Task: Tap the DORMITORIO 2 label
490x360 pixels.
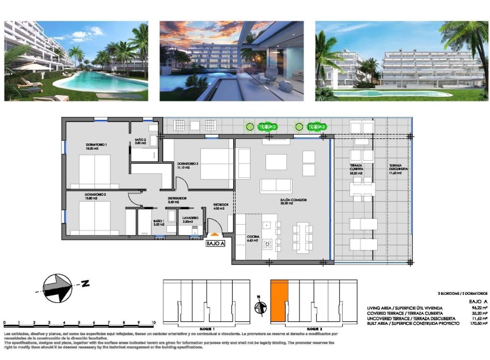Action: [x=97, y=195]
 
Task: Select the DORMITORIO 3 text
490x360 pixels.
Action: [x=188, y=163]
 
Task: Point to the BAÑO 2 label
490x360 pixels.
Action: [x=142, y=140]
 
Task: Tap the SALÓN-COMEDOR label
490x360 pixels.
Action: [x=294, y=200]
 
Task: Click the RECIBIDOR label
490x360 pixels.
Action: [x=221, y=204]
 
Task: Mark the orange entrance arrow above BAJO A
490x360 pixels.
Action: [x=214, y=235]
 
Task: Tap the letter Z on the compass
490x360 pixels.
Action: [x=85, y=283]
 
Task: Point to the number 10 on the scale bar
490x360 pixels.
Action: [x=153, y=323]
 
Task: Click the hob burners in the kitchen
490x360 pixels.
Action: [x=268, y=244]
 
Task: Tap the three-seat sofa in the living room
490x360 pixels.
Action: [x=276, y=186]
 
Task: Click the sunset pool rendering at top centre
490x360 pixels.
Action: [x=231, y=61]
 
